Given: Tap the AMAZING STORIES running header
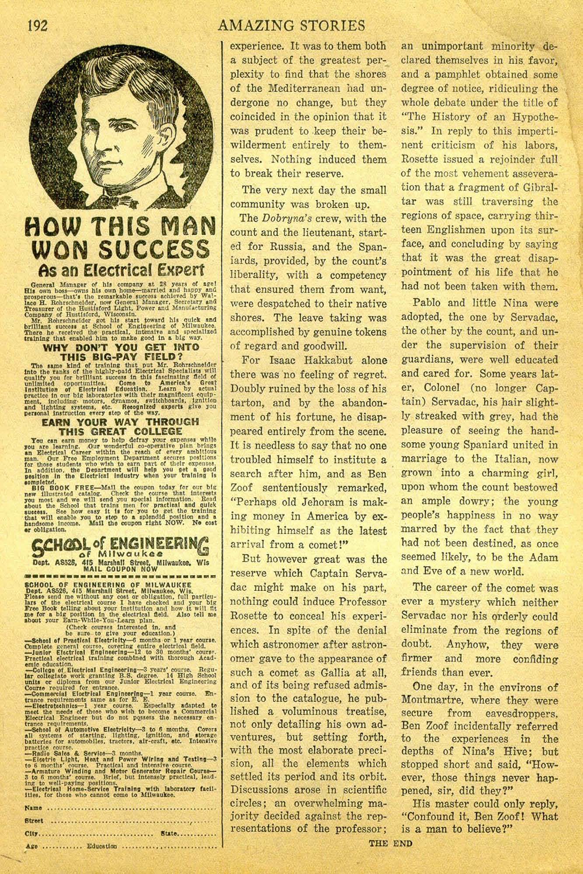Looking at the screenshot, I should tap(291, 25).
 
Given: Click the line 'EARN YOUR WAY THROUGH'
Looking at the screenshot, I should tap(120, 422).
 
